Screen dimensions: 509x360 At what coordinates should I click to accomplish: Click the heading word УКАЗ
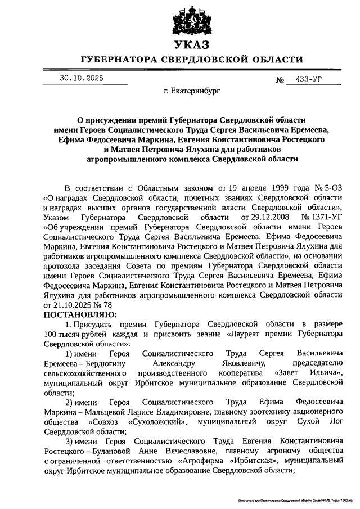pyautogui.click(x=192, y=45)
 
